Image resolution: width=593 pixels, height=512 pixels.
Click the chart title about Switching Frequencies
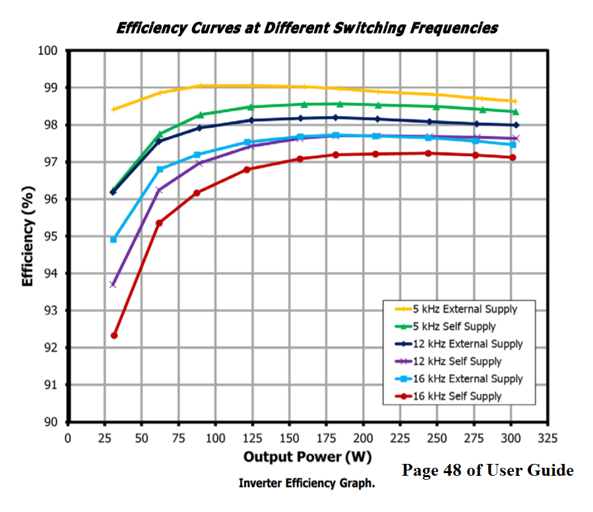[307, 28]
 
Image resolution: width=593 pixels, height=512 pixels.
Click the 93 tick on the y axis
[52, 310]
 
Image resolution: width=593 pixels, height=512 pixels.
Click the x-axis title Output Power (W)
[307, 457]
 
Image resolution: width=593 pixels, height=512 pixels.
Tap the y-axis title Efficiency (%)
[28, 235]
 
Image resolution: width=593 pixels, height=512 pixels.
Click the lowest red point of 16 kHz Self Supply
[114, 335]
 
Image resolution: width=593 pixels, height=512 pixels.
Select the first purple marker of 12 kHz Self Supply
[113, 285]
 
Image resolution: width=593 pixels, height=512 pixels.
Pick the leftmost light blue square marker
[113, 239]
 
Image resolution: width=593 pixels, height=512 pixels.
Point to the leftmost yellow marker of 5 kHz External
[113, 109]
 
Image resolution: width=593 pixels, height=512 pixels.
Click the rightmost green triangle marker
[515, 111]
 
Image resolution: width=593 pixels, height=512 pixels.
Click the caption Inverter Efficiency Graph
[307, 484]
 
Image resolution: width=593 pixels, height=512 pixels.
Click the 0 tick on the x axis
[68, 438]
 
